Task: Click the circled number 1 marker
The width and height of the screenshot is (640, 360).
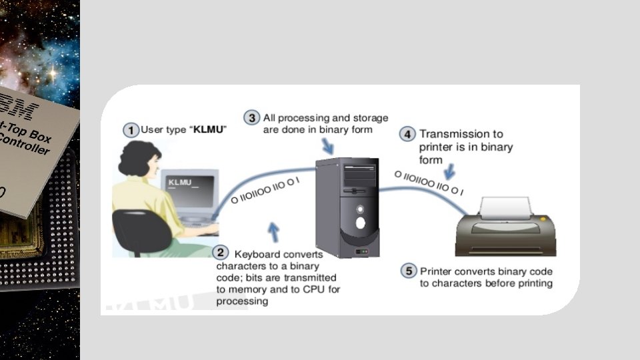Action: (132, 129)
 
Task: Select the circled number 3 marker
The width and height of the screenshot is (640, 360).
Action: (251, 118)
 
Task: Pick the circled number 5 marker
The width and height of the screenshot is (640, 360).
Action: (408, 271)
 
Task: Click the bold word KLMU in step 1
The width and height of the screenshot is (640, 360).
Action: (208, 129)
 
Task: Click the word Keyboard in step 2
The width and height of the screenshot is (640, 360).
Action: (257, 254)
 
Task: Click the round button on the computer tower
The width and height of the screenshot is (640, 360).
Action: (361, 223)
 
